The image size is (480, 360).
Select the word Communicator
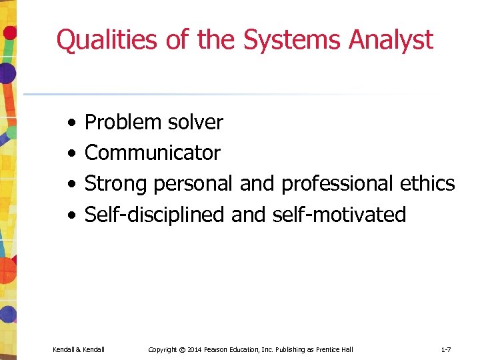pos(153,153)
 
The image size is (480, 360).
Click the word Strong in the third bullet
pos(116,184)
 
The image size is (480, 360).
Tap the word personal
pos(193,184)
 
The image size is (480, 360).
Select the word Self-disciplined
pos(155,215)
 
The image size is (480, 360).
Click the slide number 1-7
pos(445,349)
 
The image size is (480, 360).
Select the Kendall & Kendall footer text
pos(79,349)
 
